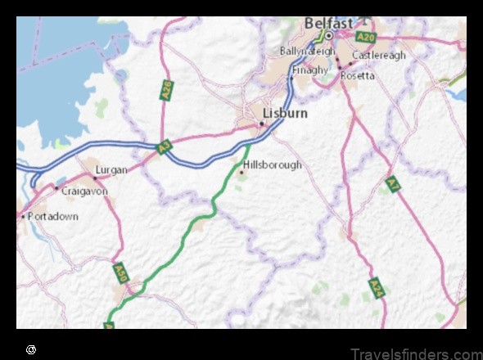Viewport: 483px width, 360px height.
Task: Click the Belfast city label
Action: [328, 24]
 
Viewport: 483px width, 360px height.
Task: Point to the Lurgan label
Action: [111, 170]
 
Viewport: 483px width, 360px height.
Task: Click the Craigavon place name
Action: [84, 190]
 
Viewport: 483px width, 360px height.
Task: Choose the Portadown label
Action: [52, 216]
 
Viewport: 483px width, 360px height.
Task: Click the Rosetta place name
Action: [358, 75]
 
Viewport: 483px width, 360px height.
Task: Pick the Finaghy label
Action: [310, 70]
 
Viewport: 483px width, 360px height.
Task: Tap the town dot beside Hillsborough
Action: [241, 172]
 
